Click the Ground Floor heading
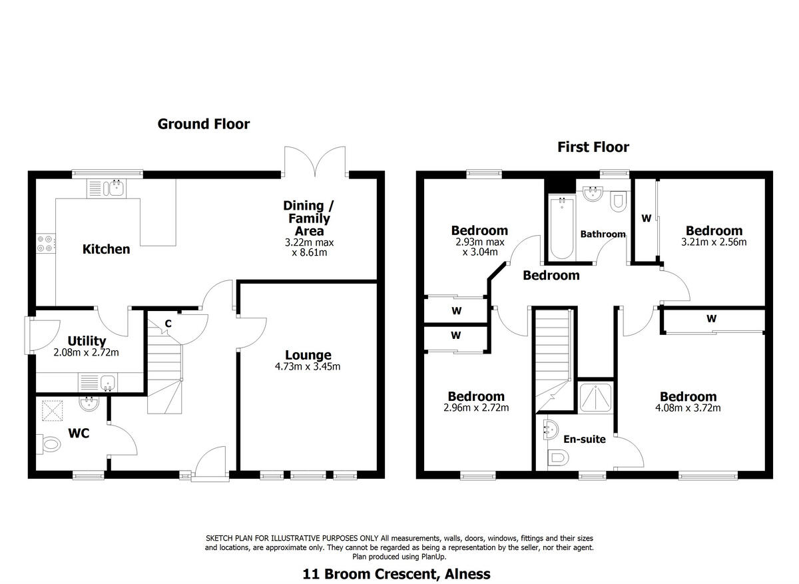tap(203, 124)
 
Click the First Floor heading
tap(593, 147)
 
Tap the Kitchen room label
tap(106, 249)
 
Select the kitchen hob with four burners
tap(46, 244)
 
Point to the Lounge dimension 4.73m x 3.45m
tap(308, 366)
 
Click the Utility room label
tap(87, 341)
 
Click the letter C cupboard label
tap(168, 324)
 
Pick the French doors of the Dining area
tap(315, 160)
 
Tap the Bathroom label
tap(603, 234)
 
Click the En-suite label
tap(584, 439)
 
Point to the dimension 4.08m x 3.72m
tap(688, 408)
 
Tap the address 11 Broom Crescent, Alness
tap(396, 573)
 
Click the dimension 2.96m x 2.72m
tap(475, 408)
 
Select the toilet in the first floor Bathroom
tap(618, 200)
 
